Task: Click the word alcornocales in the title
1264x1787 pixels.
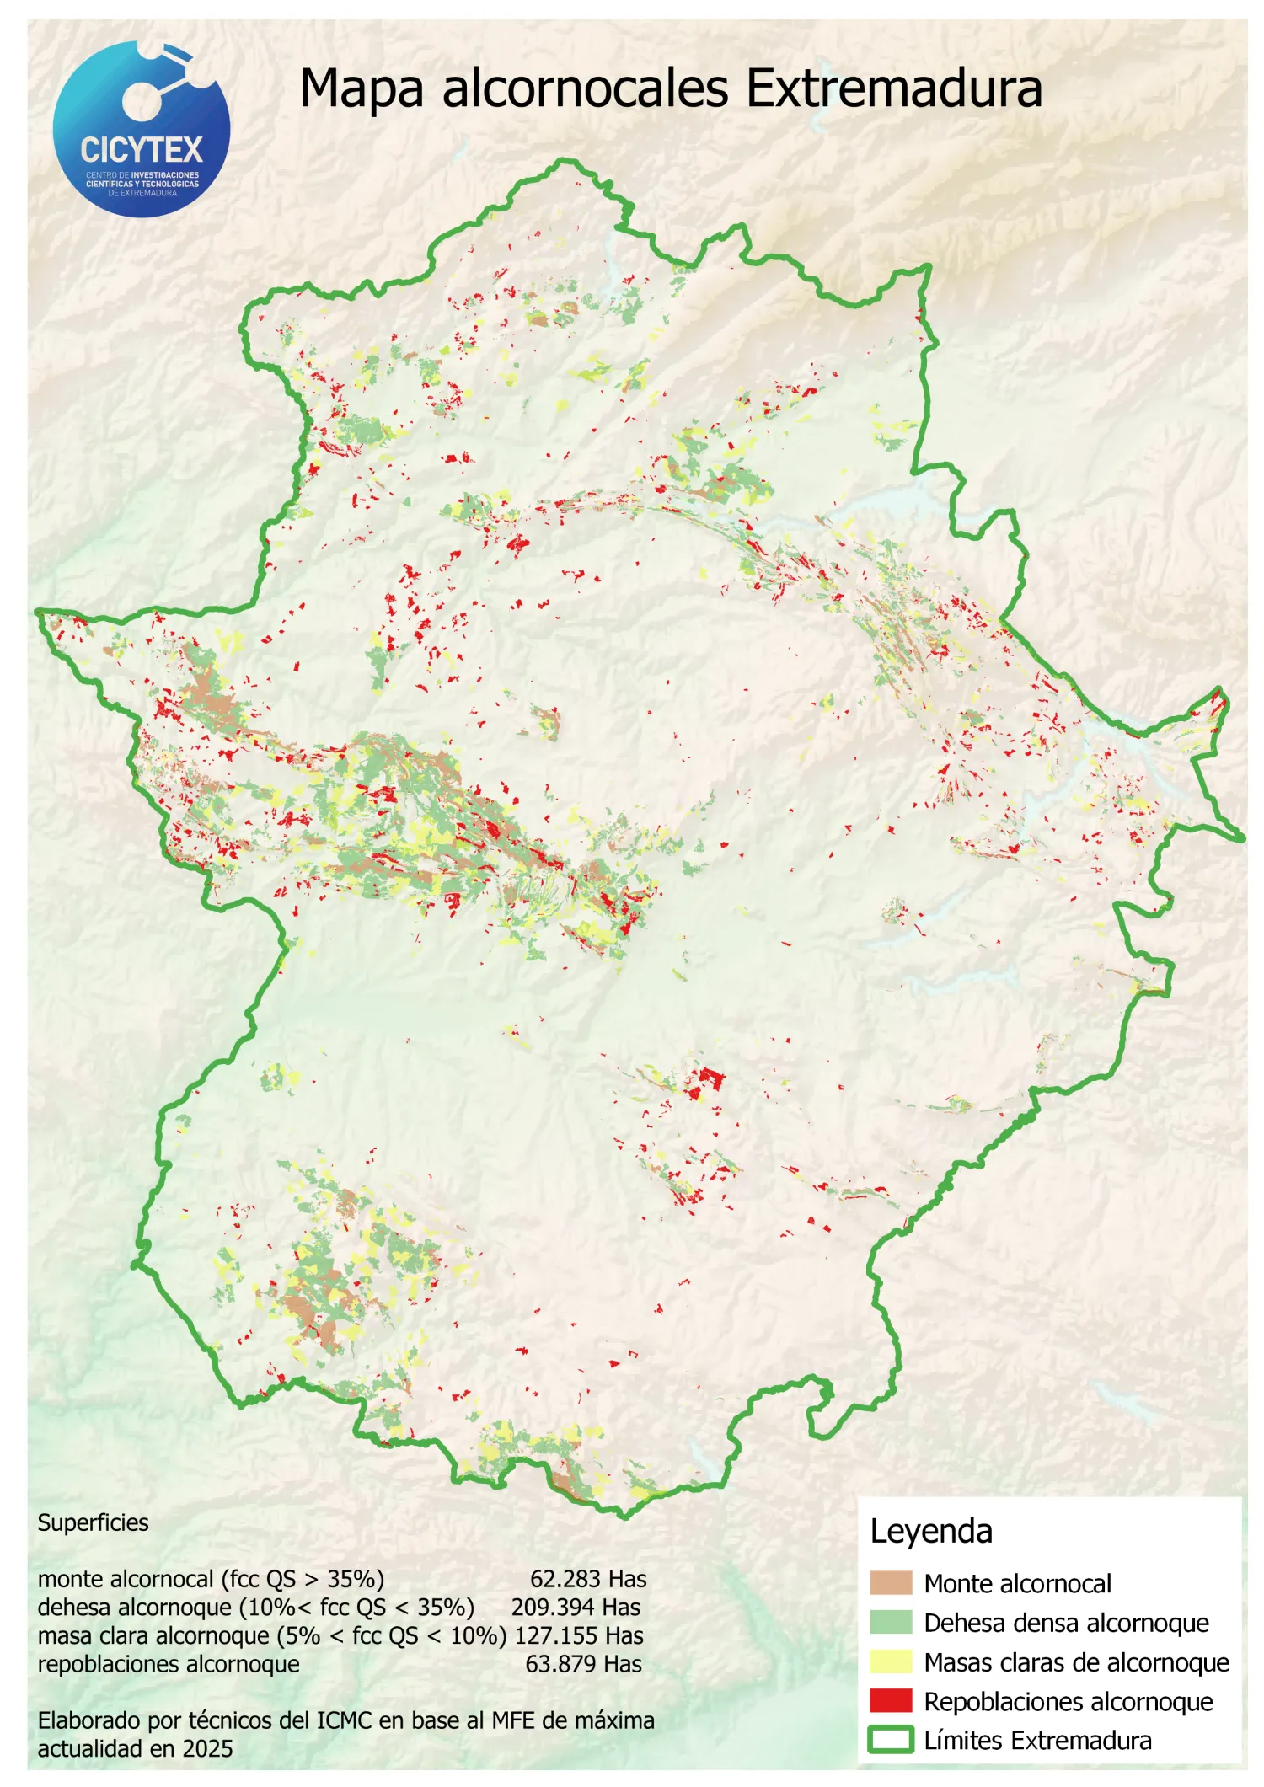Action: click(585, 88)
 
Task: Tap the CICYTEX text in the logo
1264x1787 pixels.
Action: click(142, 151)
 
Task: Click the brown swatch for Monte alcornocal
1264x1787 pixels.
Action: click(891, 1582)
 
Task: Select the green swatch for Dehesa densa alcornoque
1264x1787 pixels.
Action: click(891, 1622)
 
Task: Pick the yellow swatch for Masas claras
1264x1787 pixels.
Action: click(891, 1661)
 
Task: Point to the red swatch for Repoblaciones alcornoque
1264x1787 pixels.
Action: click(891, 1700)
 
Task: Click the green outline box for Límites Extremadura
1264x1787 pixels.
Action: click(891, 1740)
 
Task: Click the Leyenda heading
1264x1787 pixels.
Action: click(930, 1531)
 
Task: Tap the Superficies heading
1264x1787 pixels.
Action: click(93, 1522)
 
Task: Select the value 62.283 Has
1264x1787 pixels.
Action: click(587, 1579)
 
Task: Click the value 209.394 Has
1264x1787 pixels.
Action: click(576, 1607)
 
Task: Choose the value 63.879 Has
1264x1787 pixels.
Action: click(583, 1664)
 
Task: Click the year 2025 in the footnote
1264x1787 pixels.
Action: click(207, 1749)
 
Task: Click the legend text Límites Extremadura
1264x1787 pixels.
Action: click(1036, 1740)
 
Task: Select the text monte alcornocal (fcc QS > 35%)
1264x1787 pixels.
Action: click(211, 1579)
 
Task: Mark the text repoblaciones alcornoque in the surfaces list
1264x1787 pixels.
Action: click(169, 1664)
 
